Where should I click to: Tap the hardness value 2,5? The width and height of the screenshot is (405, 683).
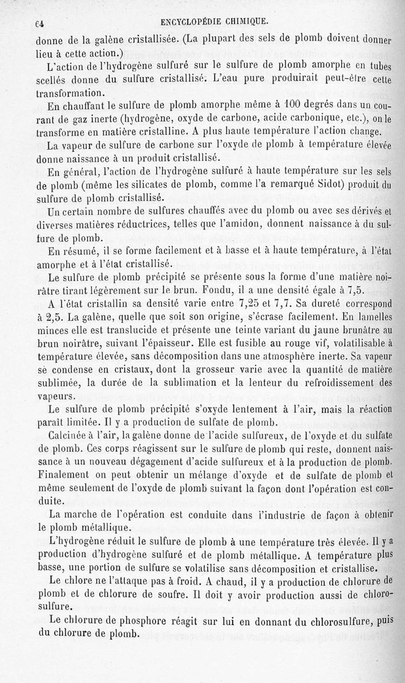[49, 318]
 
